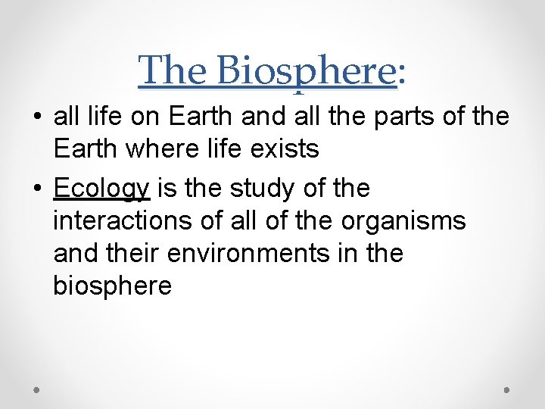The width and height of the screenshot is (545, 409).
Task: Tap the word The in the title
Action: click(x=173, y=71)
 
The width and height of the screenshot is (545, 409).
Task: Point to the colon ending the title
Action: click(x=401, y=73)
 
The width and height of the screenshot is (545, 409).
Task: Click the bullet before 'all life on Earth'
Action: click(x=37, y=118)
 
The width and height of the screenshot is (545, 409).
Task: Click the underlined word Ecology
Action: click(x=102, y=189)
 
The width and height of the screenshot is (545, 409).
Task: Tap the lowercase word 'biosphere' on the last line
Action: click(x=113, y=286)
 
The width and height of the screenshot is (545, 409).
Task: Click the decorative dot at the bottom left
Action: click(x=37, y=389)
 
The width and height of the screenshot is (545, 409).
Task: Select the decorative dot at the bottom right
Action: click(x=506, y=389)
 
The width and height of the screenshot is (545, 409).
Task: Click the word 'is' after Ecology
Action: click(x=164, y=189)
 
